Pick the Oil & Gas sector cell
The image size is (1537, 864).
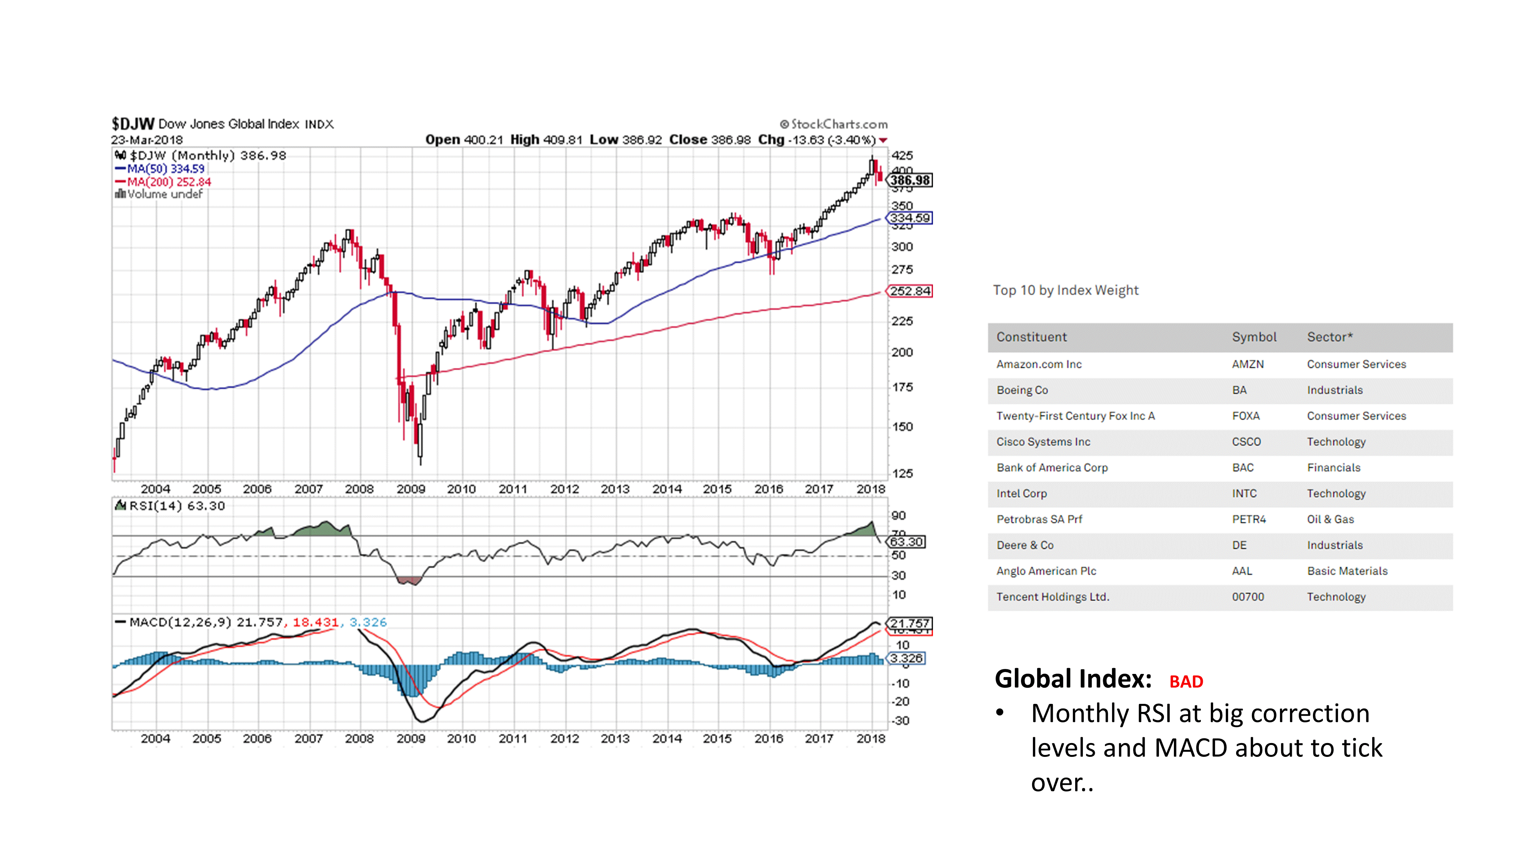[1330, 519]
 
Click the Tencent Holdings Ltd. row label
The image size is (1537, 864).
[1052, 597]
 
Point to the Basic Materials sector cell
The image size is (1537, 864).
[1347, 571]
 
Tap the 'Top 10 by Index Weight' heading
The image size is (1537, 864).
[1065, 290]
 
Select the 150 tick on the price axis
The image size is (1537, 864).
[901, 427]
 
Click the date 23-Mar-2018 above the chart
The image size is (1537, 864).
[147, 140]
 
